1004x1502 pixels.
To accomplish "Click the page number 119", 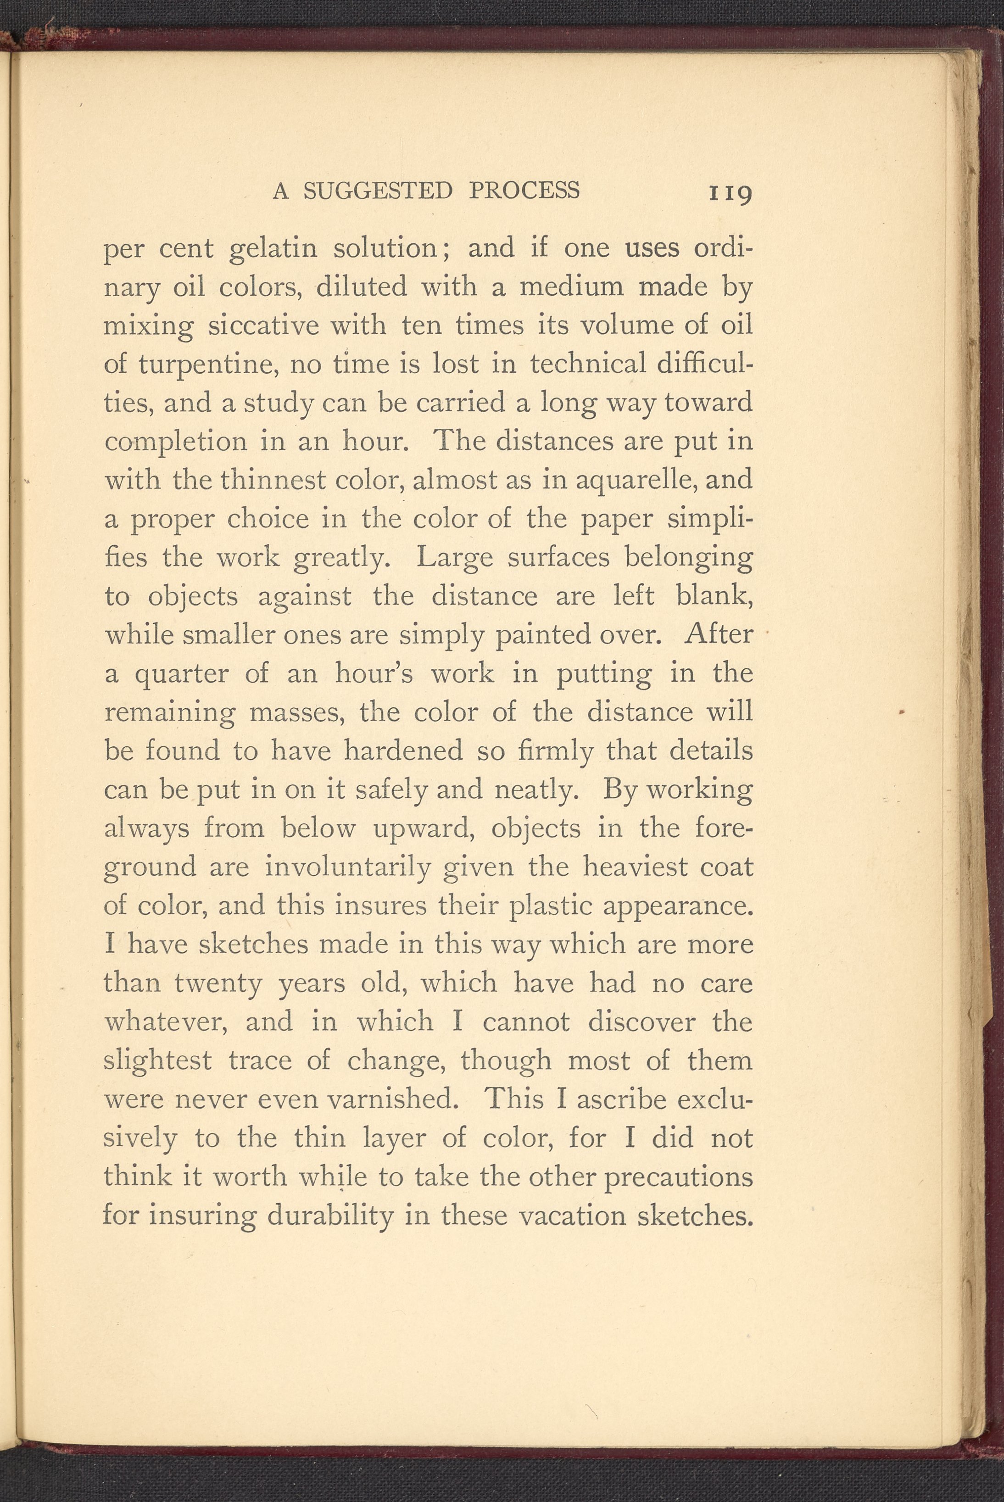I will pos(729,193).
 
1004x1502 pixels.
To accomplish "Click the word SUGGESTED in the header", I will pos(378,191).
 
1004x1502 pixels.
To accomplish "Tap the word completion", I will pos(175,443).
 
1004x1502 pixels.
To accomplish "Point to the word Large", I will pos(453,558).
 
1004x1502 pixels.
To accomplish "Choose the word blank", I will pos(714,596).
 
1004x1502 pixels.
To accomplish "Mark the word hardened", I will pos(403,751).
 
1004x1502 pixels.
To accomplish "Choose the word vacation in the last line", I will pos(571,1215).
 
